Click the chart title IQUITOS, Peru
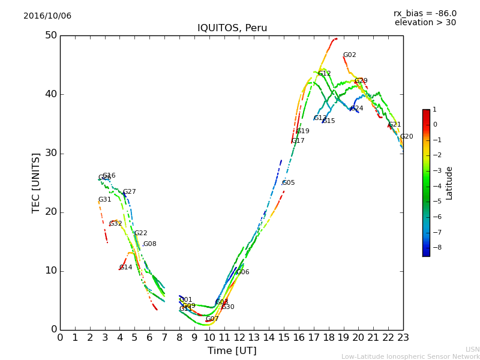click(232, 28)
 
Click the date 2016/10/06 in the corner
click(47, 16)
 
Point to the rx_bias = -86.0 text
click(425, 14)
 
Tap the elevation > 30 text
click(425, 23)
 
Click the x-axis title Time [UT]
click(232, 351)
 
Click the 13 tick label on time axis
click(254, 338)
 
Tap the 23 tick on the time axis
click(403, 338)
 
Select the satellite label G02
click(349, 55)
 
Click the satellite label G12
click(325, 74)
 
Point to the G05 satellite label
click(289, 183)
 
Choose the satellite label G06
click(242, 272)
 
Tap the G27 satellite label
click(130, 192)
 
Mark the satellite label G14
click(125, 268)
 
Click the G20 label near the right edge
click(406, 137)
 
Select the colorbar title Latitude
click(449, 183)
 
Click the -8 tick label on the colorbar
click(436, 247)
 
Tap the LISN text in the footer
click(472, 349)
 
